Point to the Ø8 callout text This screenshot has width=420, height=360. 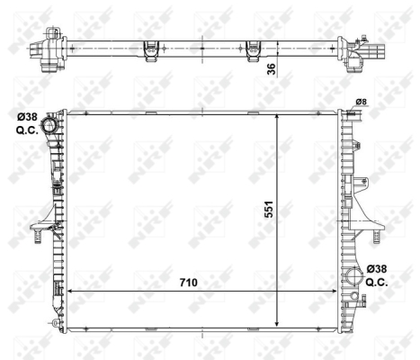[361, 101]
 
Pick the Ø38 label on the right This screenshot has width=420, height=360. [379, 269]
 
